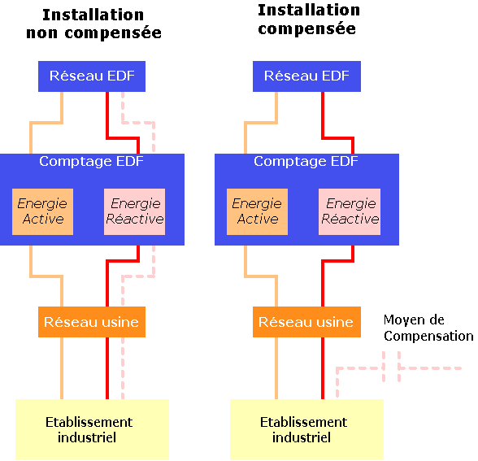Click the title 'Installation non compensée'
tap(93, 24)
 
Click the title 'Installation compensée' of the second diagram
tap(309, 20)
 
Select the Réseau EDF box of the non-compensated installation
tap(92, 76)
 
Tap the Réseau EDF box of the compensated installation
tap(306, 76)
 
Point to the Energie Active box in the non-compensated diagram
tap(42, 211)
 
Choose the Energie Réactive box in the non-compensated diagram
tap(134, 211)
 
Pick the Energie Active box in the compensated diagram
tap(257, 211)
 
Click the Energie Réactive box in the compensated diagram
tap(350, 211)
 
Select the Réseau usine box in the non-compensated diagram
tap(92, 322)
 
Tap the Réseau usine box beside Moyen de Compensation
tap(306, 322)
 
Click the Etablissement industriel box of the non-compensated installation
tap(92, 430)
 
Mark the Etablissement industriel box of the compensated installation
tap(306, 430)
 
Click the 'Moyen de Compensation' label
tap(428, 328)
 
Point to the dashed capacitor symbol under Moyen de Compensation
tap(392, 367)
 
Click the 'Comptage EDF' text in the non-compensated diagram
tap(91, 162)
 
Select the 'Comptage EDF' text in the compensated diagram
tap(306, 162)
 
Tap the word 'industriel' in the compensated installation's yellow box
tap(302, 437)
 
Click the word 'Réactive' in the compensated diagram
tap(350, 219)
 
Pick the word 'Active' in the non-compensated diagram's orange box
tap(43, 219)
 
